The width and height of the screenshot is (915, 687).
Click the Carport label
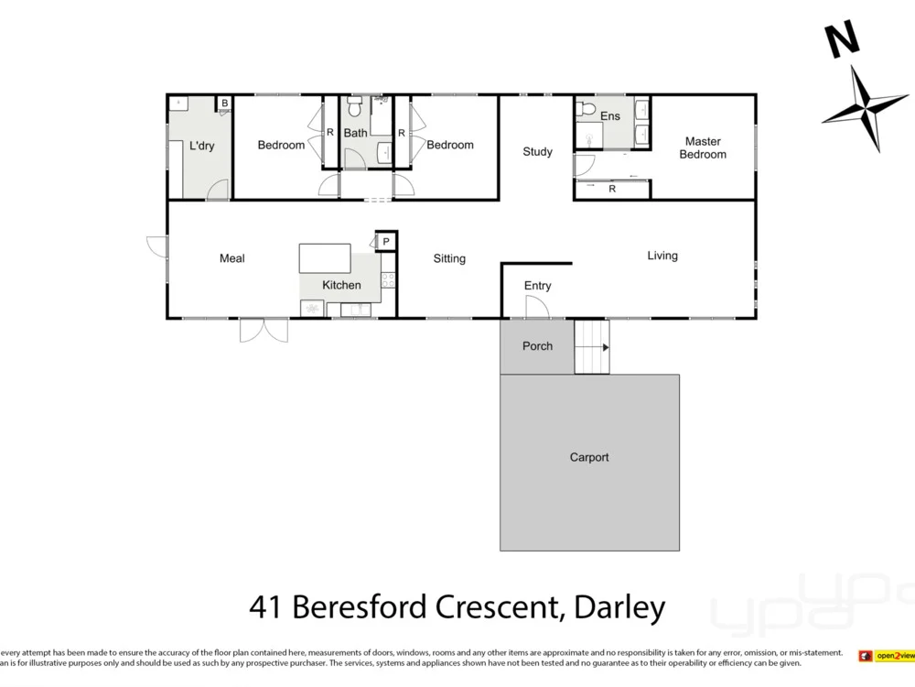[x=588, y=457]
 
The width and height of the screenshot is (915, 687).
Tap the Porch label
[x=537, y=346]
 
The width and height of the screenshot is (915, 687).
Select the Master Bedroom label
[x=703, y=147]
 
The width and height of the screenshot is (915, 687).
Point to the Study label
[x=537, y=151]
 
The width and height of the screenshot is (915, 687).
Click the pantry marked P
[x=386, y=241]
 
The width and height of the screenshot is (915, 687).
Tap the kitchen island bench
[x=325, y=257]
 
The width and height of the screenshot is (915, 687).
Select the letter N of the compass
[x=841, y=39]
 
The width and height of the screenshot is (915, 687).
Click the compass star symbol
[x=864, y=107]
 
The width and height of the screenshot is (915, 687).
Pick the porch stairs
[x=591, y=347]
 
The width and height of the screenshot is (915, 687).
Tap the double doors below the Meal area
[x=264, y=330]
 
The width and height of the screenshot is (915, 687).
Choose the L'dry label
[x=201, y=146]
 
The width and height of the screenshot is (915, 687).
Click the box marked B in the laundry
[x=223, y=104]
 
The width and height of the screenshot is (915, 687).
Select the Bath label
[x=355, y=133]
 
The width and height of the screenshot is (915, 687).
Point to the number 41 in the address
[x=265, y=606]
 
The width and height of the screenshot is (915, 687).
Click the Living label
[x=662, y=256]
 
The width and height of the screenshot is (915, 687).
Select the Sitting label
[x=449, y=258]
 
